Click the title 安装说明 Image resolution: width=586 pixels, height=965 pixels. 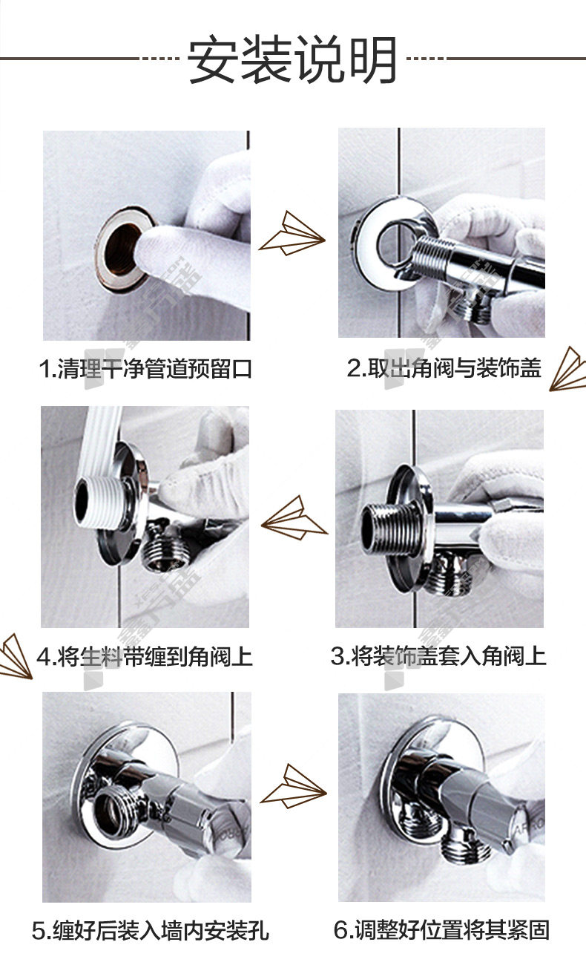292,59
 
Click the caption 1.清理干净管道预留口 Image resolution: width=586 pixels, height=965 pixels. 145,369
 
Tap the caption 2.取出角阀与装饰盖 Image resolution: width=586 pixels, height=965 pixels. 444,368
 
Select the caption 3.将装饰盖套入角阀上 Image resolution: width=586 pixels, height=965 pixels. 438,656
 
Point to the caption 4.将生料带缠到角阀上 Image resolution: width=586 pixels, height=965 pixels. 145,656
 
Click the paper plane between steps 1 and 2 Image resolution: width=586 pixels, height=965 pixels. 292,233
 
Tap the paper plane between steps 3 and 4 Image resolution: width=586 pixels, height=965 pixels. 294,517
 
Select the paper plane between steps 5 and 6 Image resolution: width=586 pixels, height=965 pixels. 293,787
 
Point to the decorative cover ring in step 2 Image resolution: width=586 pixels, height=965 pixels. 389,243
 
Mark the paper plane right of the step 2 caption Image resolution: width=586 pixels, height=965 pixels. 568,369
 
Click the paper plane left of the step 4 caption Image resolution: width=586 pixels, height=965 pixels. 16,656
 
